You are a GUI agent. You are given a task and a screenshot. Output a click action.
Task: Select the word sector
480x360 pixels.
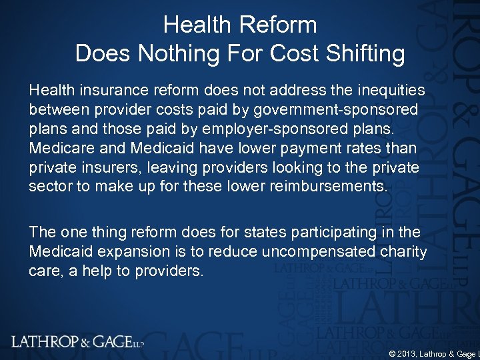click(x=50, y=186)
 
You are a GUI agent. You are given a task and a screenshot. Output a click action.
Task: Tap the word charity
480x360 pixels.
click(x=401, y=251)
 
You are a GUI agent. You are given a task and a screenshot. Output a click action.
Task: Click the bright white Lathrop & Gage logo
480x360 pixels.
click(x=77, y=342)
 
